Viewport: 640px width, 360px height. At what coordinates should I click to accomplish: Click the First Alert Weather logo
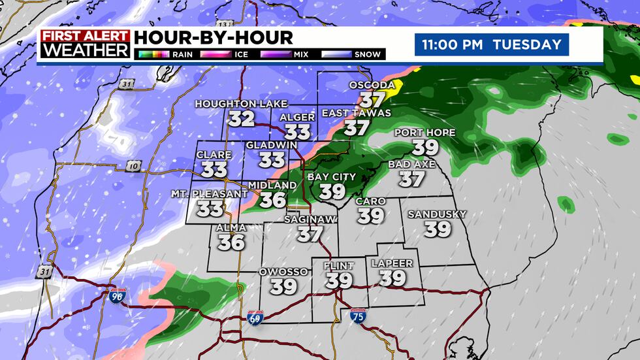coord(84,44)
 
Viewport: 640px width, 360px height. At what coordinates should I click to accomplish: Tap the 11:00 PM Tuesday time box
coord(491,44)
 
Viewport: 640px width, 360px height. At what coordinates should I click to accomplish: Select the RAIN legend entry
coord(165,54)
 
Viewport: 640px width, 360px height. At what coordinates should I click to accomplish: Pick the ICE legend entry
coord(229,54)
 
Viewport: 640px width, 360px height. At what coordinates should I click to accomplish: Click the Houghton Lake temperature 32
coord(241,118)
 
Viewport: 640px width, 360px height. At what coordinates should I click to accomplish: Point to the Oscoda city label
coord(372,86)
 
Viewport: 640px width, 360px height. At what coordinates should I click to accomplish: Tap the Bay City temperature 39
coord(332,191)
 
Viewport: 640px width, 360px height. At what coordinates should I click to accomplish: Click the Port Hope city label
coord(425,133)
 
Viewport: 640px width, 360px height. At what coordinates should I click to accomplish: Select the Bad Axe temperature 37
coord(411,178)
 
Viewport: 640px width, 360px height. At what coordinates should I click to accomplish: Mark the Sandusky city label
coord(437,214)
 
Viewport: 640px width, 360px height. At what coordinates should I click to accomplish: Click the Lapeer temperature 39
coord(392,278)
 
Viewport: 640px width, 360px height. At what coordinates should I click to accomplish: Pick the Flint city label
coord(339,266)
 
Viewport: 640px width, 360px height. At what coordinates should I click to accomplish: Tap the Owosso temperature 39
coord(284,286)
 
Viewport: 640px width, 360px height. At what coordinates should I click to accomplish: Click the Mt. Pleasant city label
coord(210,194)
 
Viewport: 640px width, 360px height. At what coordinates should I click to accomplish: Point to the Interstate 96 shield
coord(118,295)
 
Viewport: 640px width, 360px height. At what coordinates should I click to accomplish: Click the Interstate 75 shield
coord(357,316)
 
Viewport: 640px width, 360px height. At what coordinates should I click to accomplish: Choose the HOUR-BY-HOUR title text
coord(214,38)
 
